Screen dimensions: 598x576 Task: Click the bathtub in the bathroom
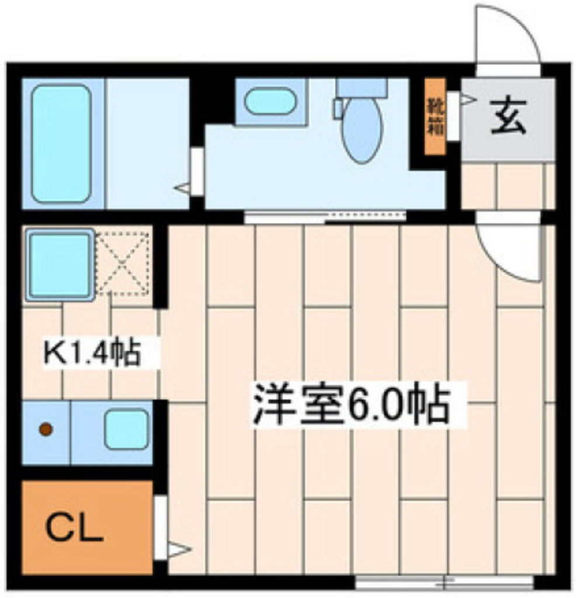click(x=61, y=143)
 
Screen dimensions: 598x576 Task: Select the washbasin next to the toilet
click(x=269, y=102)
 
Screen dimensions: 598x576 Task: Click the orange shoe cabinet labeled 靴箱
click(x=435, y=117)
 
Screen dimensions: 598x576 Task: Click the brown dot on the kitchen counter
click(x=46, y=430)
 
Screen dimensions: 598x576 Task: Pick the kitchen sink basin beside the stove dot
click(x=126, y=429)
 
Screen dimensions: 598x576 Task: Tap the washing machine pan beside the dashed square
click(x=59, y=265)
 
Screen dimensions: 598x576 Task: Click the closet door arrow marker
click(x=179, y=550)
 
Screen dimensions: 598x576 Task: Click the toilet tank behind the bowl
click(x=362, y=88)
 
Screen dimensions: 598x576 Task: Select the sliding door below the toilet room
click(x=324, y=217)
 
